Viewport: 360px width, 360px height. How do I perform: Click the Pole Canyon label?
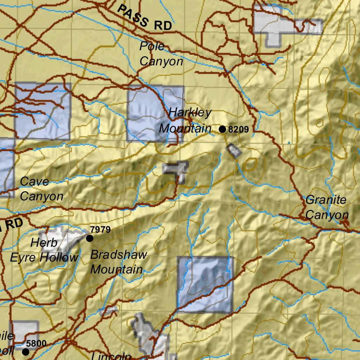[x=161, y=54]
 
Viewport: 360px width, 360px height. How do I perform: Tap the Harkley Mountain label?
[x=186, y=121]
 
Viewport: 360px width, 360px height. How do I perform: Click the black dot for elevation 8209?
[x=222, y=129]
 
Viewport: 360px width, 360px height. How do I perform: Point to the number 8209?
[x=238, y=129]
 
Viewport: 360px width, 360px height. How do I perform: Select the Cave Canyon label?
[x=41, y=189]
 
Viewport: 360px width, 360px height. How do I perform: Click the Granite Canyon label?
[x=327, y=207]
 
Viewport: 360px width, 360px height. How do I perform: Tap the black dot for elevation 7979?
[x=90, y=238]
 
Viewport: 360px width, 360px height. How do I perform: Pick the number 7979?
[x=100, y=230]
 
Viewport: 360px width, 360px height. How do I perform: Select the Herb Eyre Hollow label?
[x=44, y=250]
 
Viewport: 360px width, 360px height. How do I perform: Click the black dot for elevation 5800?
[x=26, y=352]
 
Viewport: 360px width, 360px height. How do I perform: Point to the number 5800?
[x=36, y=343]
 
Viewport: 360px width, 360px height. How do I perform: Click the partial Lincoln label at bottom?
[x=111, y=356]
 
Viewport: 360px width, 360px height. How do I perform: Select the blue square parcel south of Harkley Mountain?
[x=205, y=285]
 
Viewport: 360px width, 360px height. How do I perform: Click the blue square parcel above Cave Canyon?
[x=43, y=111]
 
